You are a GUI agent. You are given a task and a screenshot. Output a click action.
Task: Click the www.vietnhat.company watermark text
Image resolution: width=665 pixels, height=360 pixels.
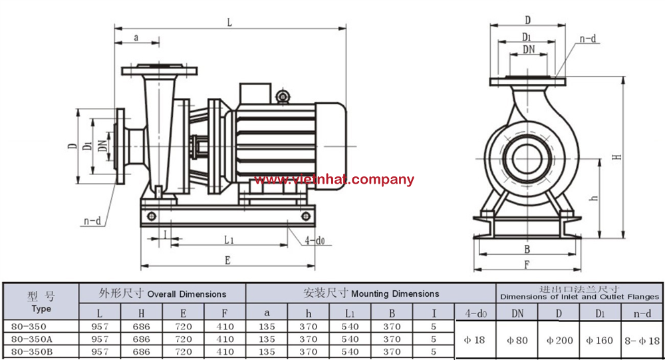pos(334,180)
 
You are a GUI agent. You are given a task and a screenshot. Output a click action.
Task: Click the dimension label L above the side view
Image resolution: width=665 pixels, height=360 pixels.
pos(229,22)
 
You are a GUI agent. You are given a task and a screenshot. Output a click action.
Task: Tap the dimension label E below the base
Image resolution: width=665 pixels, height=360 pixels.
pos(227,261)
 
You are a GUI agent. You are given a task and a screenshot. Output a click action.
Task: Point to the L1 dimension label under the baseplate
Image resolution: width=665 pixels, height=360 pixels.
pos(228,239)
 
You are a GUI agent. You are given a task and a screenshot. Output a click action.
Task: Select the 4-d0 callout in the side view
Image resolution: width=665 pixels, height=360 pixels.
pos(315,240)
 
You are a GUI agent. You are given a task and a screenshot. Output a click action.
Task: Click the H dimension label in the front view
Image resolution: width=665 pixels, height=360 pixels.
pos(617,157)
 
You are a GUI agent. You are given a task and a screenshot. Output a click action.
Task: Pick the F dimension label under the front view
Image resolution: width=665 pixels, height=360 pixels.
pos(526,265)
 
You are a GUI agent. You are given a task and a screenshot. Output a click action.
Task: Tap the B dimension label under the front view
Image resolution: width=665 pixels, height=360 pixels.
pos(527,250)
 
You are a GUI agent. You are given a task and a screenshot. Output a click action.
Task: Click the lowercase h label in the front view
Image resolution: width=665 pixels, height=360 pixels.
pos(595,198)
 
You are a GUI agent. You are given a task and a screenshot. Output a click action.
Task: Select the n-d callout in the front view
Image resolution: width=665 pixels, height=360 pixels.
pos(587,39)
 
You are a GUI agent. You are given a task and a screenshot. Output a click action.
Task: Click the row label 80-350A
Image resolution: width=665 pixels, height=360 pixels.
pos(29,339)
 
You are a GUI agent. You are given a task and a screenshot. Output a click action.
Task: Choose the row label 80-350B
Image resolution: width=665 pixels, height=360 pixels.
pos(29,351)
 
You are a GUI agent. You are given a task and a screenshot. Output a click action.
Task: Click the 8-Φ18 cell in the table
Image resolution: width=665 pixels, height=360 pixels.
pos(643,340)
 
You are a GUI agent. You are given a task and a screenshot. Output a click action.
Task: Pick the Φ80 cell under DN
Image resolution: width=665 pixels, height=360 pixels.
pos(517,340)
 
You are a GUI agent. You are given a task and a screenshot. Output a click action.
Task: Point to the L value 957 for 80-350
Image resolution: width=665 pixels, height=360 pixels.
pos(99,327)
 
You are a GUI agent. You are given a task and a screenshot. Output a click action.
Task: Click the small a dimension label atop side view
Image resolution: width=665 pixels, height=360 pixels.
pos(136,38)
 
